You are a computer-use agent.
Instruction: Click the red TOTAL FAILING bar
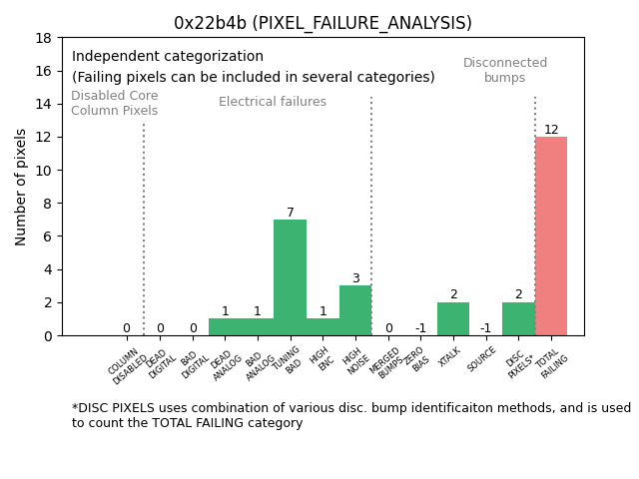click(551, 236)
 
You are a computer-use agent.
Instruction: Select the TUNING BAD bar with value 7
click(290, 277)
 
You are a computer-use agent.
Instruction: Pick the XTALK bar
click(453, 318)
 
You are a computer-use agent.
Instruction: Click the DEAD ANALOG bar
click(225, 327)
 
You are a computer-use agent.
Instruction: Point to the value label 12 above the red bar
click(551, 130)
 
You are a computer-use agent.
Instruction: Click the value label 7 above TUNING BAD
click(291, 213)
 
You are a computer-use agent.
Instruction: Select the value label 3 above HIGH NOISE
click(355, 278)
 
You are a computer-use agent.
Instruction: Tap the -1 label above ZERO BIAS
click(420, 328)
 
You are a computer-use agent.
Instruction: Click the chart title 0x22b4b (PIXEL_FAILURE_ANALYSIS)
click(322, 23)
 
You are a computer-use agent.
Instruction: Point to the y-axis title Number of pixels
click(22, 187)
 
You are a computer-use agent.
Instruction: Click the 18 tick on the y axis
click(43, 38)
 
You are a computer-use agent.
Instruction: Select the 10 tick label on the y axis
click(43, 171)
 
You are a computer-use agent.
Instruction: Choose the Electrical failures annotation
click(273, 102)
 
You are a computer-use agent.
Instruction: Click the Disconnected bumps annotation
click(505, 70)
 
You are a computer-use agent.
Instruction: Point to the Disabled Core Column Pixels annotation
click(114, 104)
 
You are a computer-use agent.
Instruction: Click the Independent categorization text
click(168, 57)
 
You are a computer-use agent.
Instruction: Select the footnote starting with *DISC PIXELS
click(350, 415)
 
